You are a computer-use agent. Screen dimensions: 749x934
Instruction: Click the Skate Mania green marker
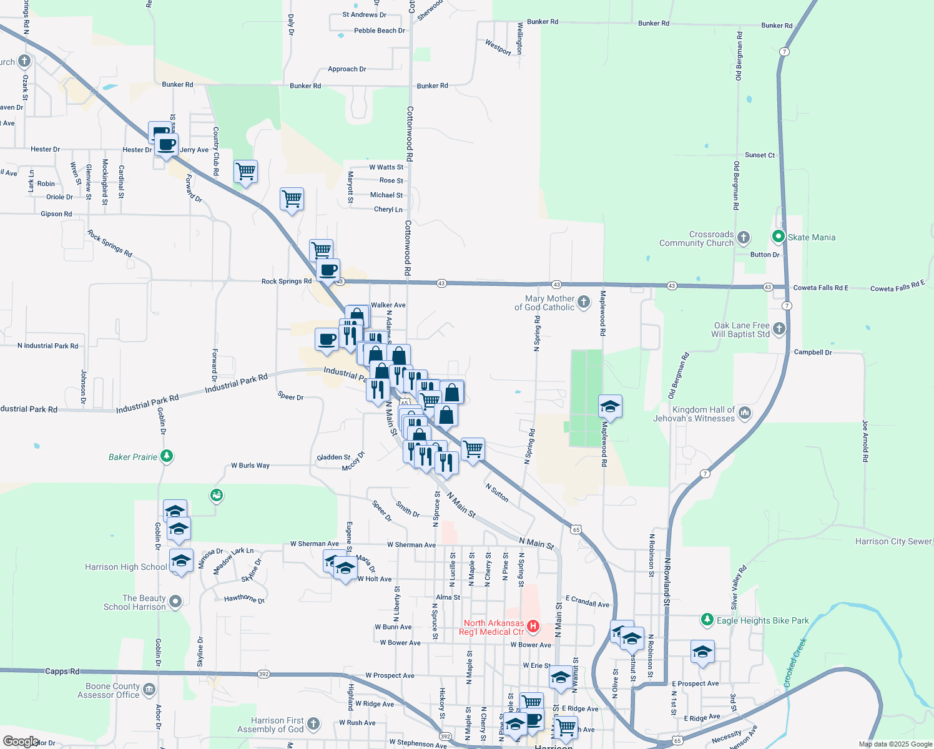[x=778, y=237]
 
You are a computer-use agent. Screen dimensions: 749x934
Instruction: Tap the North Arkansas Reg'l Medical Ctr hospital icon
[x=533, y=626]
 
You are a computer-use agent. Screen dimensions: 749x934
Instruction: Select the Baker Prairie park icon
[x=166, y=456]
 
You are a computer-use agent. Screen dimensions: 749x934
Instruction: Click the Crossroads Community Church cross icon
[x=743, y=237]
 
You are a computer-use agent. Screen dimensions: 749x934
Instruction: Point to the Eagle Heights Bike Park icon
[x=707, y=620]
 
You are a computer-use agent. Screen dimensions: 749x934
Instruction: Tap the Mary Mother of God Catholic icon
[x=583, y=302]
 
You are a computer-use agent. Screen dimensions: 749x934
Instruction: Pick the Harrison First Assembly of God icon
[x=313, y=724]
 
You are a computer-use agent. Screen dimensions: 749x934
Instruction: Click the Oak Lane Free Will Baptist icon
[x=779, y=328]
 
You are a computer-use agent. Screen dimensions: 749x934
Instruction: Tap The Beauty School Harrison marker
[x=175, y=602]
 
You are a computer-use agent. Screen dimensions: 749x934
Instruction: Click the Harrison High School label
[x=125, y=567]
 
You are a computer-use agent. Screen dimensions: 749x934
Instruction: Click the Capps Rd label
[x=62, y=672]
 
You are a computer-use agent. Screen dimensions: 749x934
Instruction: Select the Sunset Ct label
[x=759, y=155]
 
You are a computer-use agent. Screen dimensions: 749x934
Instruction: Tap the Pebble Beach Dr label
[x=379, y=31]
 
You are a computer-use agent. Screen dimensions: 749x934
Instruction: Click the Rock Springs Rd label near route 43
[x=286, y=281]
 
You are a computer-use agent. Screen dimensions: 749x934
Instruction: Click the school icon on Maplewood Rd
[x=609, y=407]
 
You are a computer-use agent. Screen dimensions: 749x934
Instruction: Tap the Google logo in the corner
[x=21, y=741]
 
